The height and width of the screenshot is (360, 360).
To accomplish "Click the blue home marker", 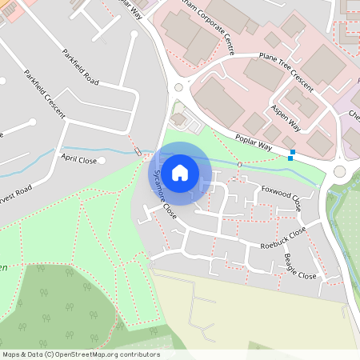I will point(180,173).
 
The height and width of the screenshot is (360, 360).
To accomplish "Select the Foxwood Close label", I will point(282,197).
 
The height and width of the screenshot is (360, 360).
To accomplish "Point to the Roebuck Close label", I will point(283,238).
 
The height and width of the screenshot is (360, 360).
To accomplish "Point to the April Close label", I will point(78,160).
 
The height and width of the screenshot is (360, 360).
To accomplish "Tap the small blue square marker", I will point(292,152).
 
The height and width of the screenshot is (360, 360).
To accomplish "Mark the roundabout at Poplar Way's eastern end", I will point(340,171).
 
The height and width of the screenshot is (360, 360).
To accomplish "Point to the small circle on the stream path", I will point(240,165).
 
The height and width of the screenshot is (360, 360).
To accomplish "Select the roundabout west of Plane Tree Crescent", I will point(178,88).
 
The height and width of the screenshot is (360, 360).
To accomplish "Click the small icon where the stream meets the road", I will point(139,152).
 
